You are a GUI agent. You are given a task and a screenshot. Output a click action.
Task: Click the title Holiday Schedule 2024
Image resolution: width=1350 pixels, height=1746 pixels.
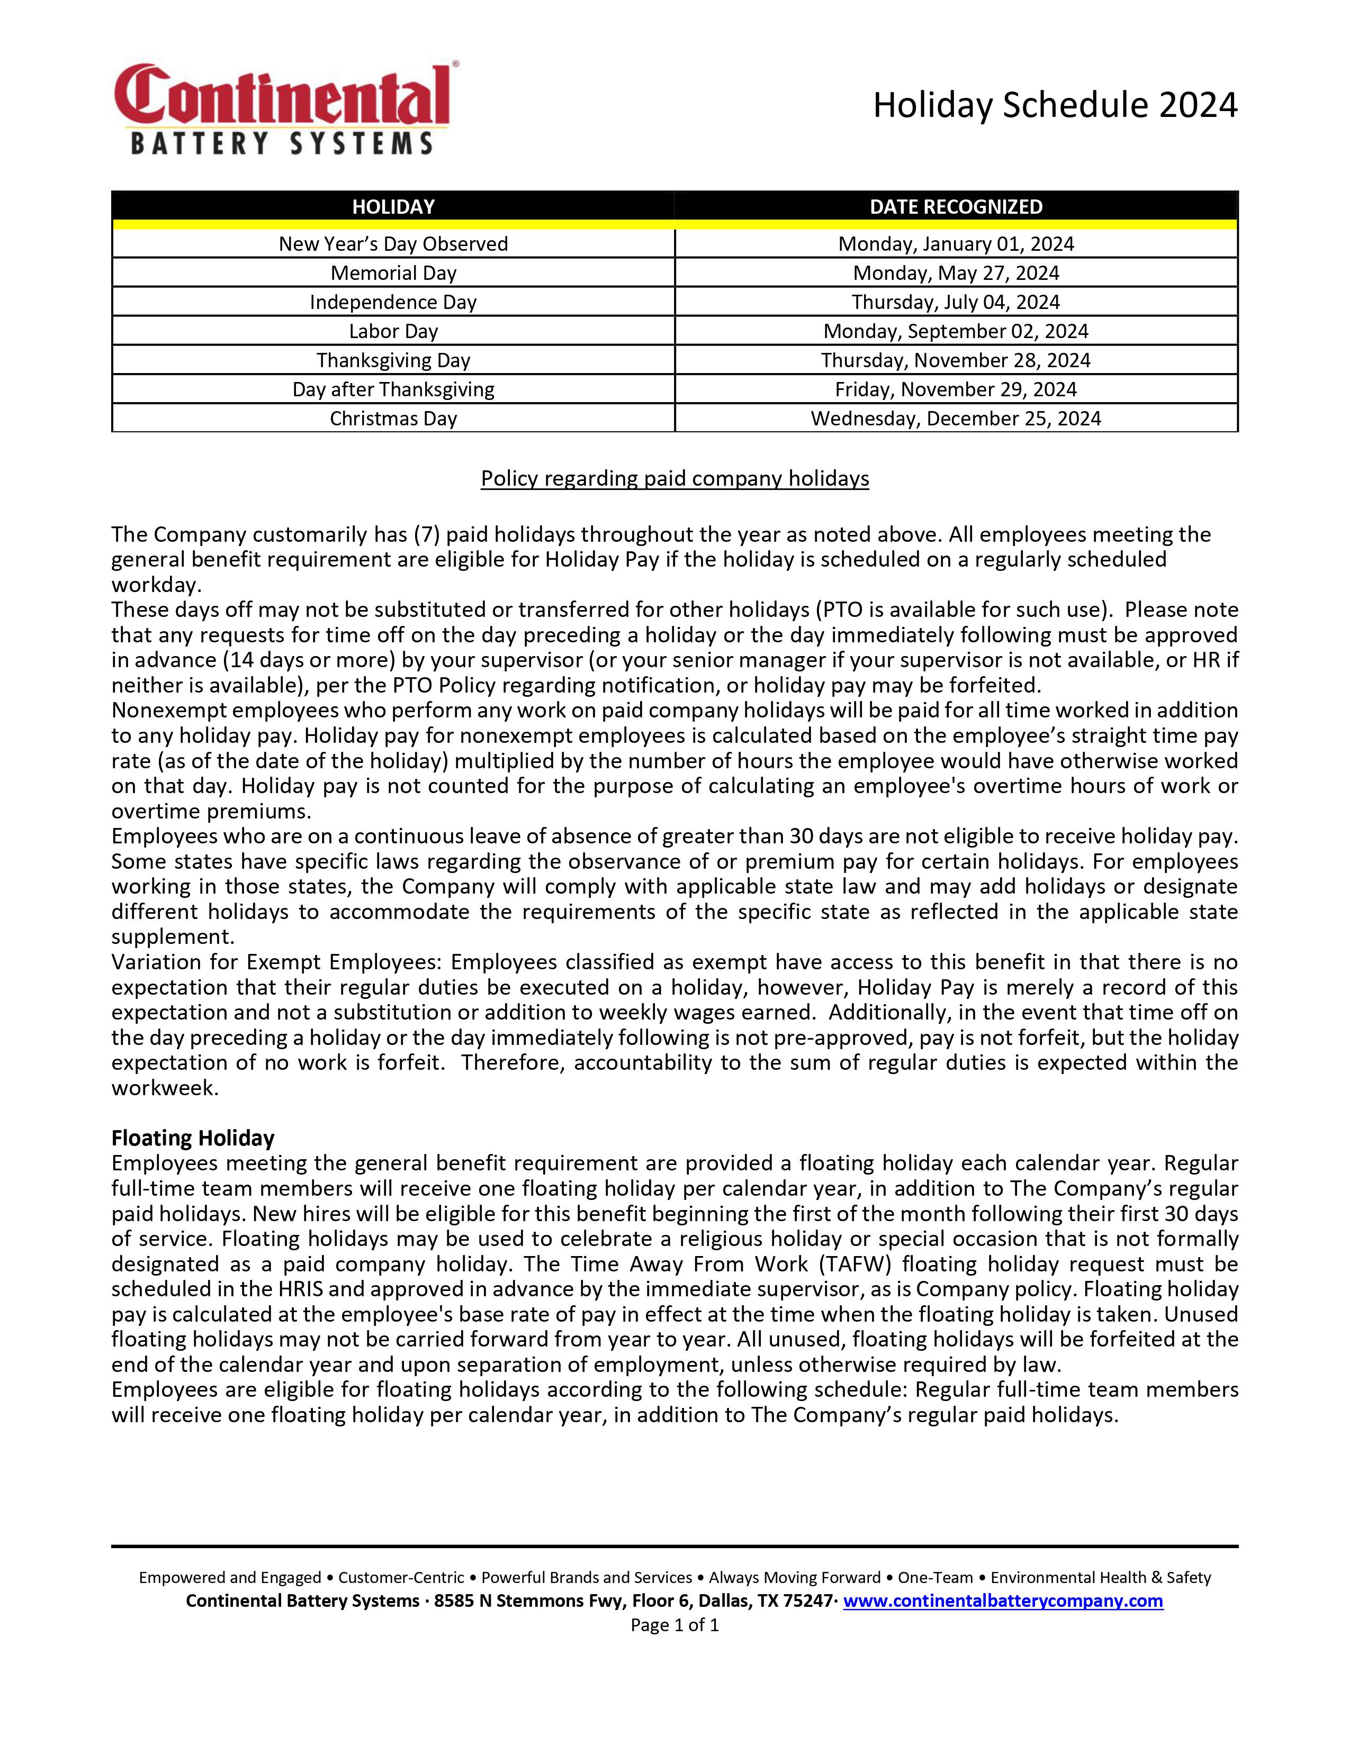click(x=1054, y=105)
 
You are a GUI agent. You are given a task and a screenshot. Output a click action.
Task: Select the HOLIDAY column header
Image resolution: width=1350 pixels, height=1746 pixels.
click(x=393, y=207)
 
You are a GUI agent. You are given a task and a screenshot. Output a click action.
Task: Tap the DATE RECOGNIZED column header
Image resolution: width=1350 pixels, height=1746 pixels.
click(x=956, y=207)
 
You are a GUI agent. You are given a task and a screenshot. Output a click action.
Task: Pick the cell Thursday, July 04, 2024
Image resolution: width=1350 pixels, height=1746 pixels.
click(x=956, y=302)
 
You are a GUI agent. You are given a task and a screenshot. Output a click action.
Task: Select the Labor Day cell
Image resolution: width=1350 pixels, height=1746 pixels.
click(x=393, y=331)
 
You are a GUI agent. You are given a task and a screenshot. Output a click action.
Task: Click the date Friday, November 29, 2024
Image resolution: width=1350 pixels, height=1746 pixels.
click(x=956, y=389)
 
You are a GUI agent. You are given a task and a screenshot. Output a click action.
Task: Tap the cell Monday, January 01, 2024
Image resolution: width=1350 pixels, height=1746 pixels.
click(x=956, y=244)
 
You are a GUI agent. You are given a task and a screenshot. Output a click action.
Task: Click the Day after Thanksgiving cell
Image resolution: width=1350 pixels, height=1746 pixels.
click(x=393, y=389)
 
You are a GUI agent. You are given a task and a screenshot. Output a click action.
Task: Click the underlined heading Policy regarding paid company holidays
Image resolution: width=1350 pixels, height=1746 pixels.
click(x=674, y=478)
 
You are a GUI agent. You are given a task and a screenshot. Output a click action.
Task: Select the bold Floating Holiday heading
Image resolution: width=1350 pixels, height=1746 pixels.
click(x=193, y=1138)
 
